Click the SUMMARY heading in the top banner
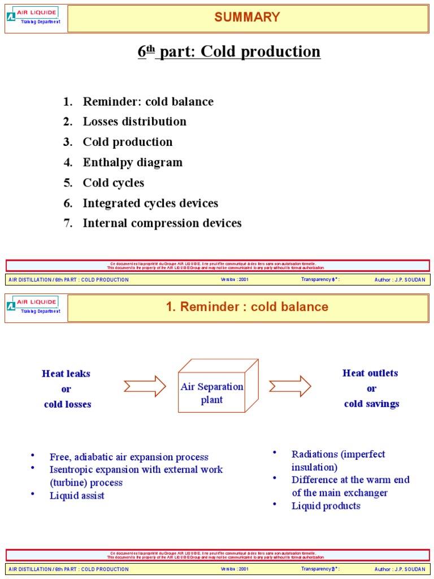tap(247, 18)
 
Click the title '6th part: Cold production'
tap(229, 52)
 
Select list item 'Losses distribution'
tap(134, 122)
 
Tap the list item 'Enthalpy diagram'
tap(133, 162)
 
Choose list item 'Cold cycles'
tap(114, 183)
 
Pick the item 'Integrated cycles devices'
tap(150, 203)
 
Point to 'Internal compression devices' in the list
tap(162, 223)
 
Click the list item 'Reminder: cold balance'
tap(148, 102)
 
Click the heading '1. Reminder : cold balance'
tap(247, 307)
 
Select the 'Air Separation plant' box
tap(212, 393)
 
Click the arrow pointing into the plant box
tap(145, 387)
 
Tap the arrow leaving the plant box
tap(290, 387)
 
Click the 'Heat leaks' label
tap(66, 374)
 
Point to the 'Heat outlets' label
tap(370, 373)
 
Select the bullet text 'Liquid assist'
tap(77, 496)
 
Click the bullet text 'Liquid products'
tap(325, 505)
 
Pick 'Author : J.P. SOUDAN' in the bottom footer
tap(400, 569)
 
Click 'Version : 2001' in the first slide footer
tap(235, 280)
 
